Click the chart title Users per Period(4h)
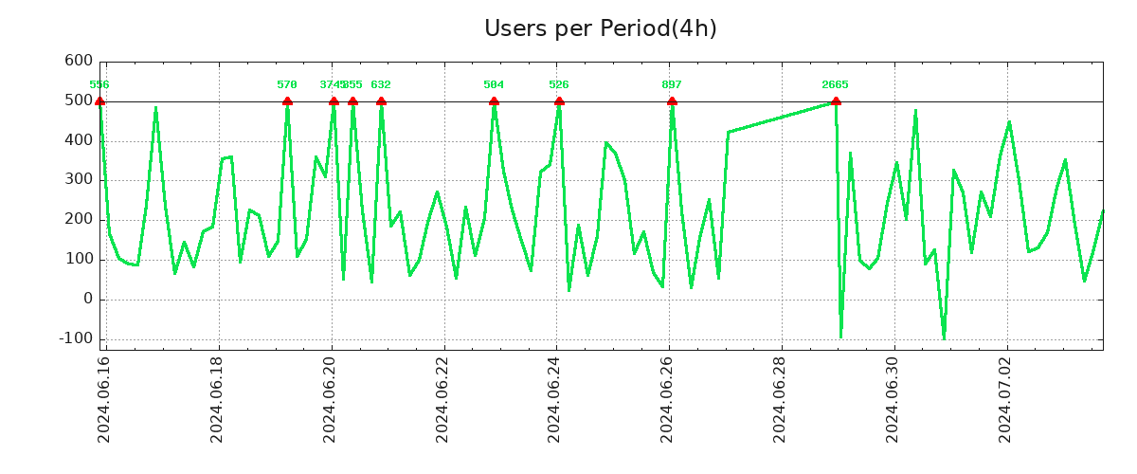coord(600,28)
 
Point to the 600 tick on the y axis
coord(79,61)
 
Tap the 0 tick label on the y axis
coord(87,299)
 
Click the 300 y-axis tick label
coord(79,179)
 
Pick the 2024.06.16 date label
coord(105,399)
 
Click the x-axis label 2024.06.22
coord(443,399)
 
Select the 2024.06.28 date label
coord(781,399)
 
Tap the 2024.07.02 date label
coord(1006,399)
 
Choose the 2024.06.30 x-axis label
coord(893,399)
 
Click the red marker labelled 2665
coord(836,101)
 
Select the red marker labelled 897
coord(672,101)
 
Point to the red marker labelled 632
coord(381,101)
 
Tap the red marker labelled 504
coord(494,101)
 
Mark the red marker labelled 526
coord(559,101)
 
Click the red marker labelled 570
coord(287,101)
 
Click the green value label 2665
coord(835,85)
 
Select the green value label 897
coord(672,85)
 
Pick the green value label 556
coord(99,85)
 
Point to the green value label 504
coord(494,85)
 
